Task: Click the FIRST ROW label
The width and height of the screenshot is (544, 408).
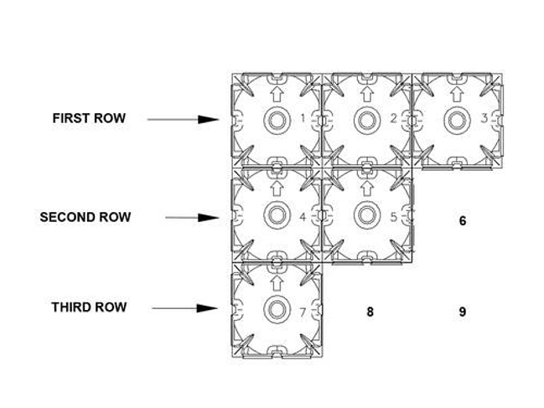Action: (x=89, y=118)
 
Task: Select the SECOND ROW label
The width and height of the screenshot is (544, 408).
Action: (x=85, y=217)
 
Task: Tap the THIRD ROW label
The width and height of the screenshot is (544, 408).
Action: (x=89, y=307)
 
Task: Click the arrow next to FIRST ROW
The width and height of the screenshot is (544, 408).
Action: (x=184, y=120)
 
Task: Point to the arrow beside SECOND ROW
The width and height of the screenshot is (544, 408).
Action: (x=192, y=218)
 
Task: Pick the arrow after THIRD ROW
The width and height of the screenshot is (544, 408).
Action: (x=185, y=308)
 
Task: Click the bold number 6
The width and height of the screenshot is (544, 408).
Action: (x=463, y=221)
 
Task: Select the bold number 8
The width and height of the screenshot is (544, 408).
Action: (x=370, y=312)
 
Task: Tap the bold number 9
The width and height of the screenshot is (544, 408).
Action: (x=463, y=312)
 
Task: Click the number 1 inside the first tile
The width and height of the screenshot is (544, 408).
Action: (x=303, y=119)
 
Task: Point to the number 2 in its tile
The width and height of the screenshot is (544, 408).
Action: (x=393, y=119)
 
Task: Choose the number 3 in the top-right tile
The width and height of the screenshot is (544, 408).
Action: (x=484, y=119)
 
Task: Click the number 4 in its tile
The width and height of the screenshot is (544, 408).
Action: (x=303, y=217)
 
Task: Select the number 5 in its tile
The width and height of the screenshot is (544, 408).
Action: (x=393, y=217)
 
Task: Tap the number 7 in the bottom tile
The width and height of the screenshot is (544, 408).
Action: (x=303, y=312)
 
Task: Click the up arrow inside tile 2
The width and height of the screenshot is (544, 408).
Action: (x=367, y=94)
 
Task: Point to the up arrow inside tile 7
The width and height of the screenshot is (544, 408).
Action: (x=277, y=282)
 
